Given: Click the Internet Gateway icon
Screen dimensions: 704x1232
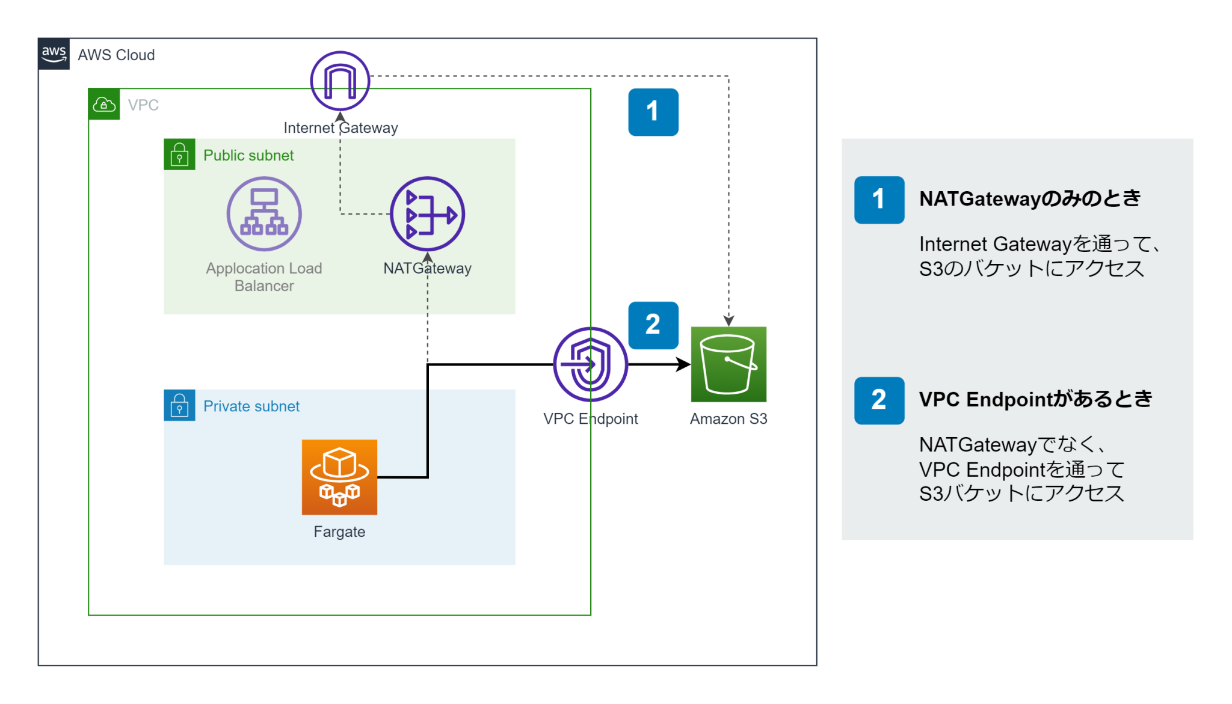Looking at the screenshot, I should click(340, 81).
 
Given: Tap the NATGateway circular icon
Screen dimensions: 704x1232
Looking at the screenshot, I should click(427, 214).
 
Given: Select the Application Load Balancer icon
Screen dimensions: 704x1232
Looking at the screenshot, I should click(264, 213).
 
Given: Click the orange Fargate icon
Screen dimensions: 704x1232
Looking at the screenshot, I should click(339, 477).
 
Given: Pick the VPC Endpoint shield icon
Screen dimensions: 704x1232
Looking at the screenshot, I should click(590, 364).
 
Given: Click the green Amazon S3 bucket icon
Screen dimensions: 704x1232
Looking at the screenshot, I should click(728, 364).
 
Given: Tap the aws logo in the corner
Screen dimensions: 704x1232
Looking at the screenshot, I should click(54, 54).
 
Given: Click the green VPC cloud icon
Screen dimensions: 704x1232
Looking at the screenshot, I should click(104, 105).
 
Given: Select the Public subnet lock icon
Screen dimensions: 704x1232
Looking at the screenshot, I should click(179, 155).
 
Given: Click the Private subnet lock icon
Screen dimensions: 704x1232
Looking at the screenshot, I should click(179, 405).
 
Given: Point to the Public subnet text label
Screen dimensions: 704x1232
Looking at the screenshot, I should click(248, 155).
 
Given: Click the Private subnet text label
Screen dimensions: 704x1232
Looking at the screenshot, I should click(251, 406).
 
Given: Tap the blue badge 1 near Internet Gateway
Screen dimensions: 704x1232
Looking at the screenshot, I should click(653, 112).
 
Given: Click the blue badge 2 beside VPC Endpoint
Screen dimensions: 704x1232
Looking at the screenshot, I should click(653, 325).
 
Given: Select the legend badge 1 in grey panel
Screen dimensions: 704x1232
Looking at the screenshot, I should click(879, 200).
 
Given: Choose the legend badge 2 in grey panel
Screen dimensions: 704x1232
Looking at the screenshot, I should click(879, 400).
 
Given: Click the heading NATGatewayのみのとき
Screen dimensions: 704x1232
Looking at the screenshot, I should click(1030, 198).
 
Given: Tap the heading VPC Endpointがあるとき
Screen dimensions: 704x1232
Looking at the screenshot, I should click(1035, 399).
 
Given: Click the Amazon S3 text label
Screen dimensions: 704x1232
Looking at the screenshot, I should click(728, 419).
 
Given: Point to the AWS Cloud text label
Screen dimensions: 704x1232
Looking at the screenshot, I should click(116, 55).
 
